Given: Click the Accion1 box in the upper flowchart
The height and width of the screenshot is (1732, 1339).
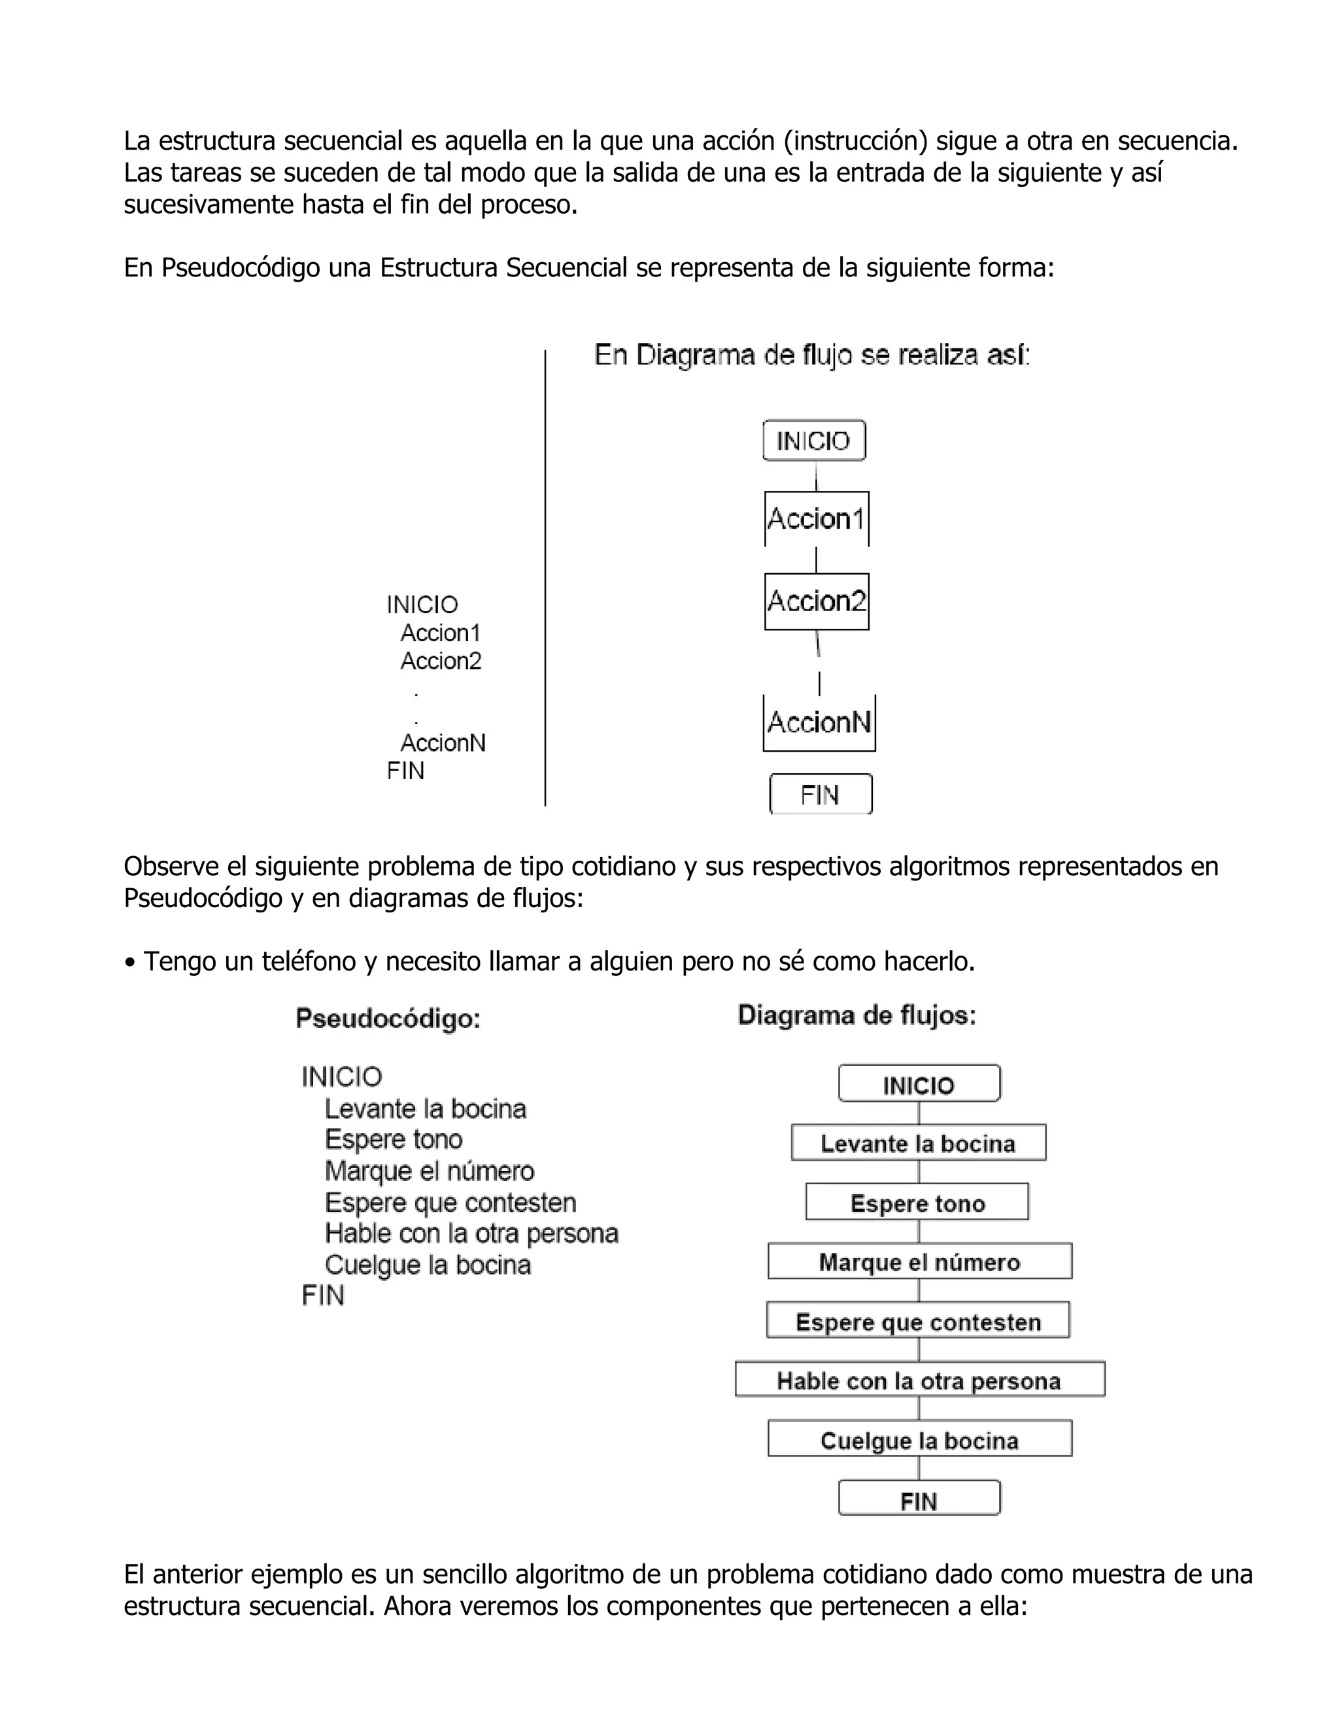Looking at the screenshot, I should point(816,519).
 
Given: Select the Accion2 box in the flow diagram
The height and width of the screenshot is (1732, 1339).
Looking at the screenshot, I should point(816,601).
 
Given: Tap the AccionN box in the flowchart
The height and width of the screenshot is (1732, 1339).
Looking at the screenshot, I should point(819,722).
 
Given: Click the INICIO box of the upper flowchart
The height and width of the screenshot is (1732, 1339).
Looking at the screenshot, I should point(814,441).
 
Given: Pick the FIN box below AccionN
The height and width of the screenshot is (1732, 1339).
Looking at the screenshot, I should point(821,794).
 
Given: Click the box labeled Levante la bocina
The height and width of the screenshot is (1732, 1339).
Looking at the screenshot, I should point(918,1142).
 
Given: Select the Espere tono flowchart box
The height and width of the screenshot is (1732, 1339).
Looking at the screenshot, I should point(917,1202).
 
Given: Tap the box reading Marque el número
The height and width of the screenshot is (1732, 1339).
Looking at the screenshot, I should point(919,1261).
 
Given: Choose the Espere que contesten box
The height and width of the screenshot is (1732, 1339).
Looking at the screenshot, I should point(918,1321).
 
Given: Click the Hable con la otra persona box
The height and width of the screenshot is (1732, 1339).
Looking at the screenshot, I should point(919,1380).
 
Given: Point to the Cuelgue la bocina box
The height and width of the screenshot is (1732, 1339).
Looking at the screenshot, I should point(919,1440).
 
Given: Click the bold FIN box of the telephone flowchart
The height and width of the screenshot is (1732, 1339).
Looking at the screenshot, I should point(919,1501).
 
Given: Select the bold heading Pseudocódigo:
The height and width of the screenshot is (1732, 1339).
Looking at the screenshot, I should point(388,1018).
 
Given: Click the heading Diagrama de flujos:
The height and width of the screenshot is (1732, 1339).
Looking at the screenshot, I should point(856,1015).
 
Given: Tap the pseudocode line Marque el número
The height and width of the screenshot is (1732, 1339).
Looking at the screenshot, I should point(429,1171).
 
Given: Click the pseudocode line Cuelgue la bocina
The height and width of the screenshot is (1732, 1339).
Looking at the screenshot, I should point(428,1264).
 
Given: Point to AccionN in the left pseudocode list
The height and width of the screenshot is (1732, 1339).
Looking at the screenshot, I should point(443,743).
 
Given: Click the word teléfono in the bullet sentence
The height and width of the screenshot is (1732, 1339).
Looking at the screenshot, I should point(309,961).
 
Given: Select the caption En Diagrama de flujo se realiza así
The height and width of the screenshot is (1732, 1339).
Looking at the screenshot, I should point(811,356).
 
